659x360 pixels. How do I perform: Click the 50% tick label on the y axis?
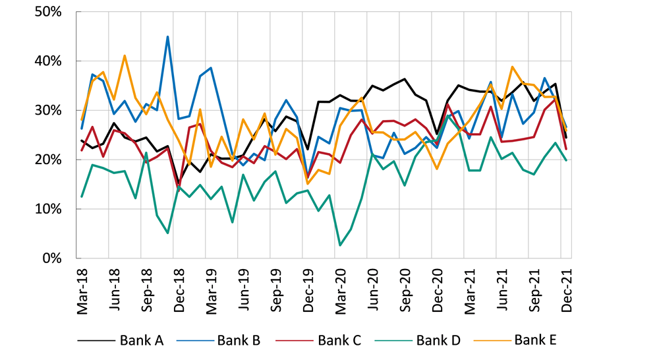pos(47,12)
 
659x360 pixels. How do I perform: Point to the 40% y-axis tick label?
pos(47,61)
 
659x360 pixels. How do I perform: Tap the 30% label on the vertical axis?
pos(47,110)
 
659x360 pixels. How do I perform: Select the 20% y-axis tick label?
pos(47,160)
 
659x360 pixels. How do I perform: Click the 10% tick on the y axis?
pos(47,209)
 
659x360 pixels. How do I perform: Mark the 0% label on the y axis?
pos(51,258)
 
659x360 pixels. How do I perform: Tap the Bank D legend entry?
pos(438,340)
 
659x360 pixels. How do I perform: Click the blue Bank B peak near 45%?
pos(168,37)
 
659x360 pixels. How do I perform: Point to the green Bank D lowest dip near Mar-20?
pos(340,245)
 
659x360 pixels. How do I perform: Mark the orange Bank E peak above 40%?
pos(125,56)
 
